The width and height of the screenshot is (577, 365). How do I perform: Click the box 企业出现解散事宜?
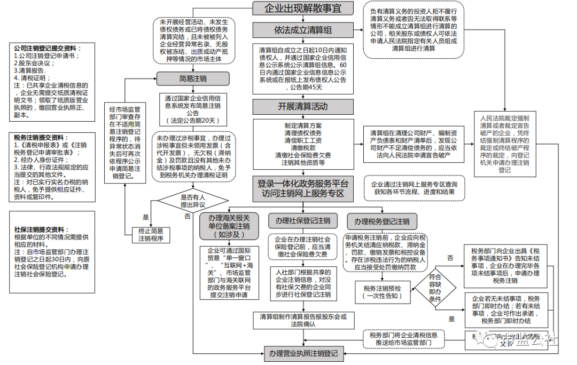[x=303, y=9]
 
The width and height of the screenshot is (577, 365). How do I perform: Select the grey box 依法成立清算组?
[x=303, y=30]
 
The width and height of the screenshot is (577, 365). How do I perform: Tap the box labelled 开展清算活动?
[x=303, y=106]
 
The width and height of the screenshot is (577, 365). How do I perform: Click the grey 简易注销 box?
[x=193, y=79]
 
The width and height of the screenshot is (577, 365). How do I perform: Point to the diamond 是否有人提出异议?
[x=193, y=201]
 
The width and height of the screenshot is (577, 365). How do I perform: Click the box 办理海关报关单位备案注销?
[x=229, y=226]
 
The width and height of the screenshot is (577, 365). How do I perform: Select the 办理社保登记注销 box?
[x=302, y=221]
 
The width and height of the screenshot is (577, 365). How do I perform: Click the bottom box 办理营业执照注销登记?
[x=303, y=353]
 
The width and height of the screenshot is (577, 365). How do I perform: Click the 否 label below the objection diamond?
[x=187, y=216]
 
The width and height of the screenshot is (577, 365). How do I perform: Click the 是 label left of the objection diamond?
[x=146, y=218]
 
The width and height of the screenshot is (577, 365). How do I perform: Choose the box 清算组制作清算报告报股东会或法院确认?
[x=303, y=320]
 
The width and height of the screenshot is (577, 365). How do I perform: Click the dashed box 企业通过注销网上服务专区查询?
[x=415, y=188]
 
